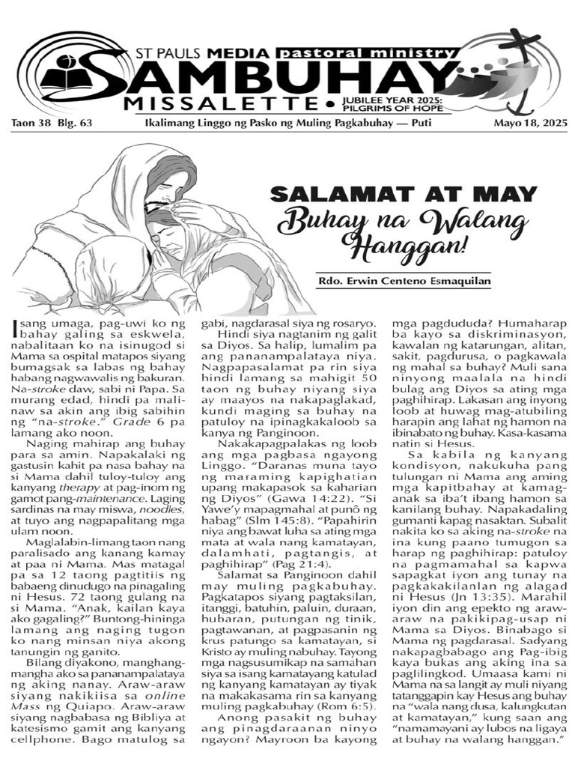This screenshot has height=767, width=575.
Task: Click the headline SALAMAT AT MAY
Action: point(404,194)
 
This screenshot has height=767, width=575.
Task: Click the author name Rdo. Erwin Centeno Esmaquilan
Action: point(404,282)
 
